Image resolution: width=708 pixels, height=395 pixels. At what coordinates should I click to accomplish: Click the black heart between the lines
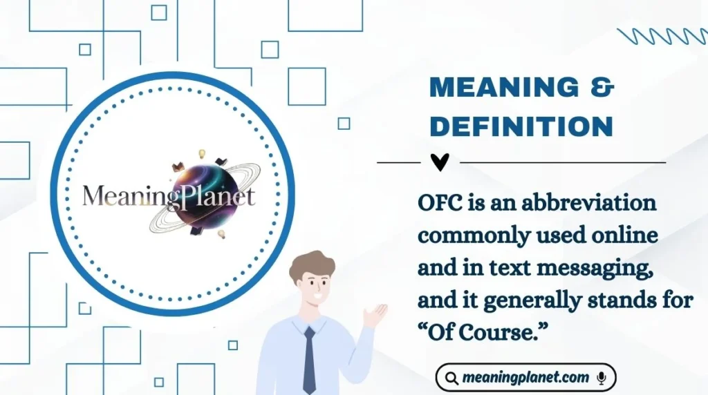click(440, 162)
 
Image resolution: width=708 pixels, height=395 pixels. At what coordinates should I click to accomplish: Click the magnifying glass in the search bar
click(451, 378)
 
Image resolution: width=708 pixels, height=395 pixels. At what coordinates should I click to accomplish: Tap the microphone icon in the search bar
click(602, 378)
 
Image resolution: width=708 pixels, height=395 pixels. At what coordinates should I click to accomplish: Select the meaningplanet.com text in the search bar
click(526, 378)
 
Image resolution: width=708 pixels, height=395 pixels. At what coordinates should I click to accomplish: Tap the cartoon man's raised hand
click(375, 315)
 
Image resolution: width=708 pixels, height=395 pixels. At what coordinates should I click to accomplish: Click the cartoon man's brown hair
click(312, 264)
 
